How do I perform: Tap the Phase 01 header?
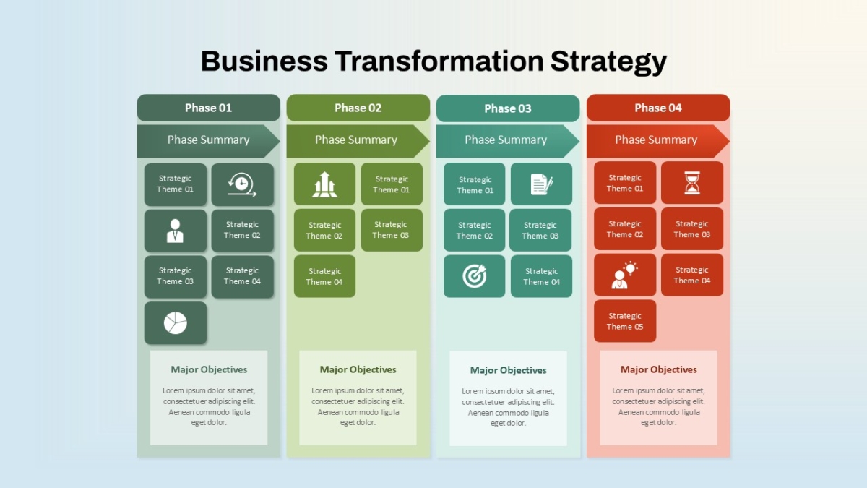208,108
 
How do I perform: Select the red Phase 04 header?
658,108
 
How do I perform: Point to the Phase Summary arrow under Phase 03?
507,141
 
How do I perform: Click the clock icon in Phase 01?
242,184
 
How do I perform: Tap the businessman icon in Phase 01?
175,231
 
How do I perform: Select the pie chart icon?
176,323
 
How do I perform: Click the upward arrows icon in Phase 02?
324,184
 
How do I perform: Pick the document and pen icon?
541,184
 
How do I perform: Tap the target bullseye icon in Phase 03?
474,276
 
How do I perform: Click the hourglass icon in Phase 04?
692,183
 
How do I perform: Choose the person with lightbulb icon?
624,275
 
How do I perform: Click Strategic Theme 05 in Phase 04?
625,321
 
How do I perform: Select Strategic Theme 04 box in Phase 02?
324,276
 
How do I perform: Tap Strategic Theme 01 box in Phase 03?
475,184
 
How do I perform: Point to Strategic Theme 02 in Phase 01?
242,231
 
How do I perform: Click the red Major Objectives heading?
658,369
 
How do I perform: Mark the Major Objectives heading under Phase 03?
508,370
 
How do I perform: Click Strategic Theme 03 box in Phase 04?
692,229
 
